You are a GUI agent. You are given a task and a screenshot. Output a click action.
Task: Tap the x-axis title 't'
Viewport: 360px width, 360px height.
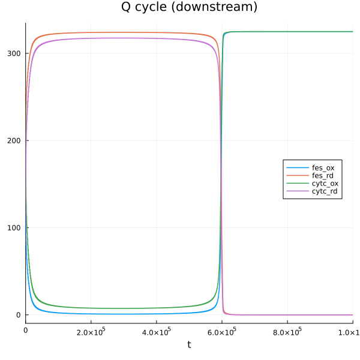point(189,344)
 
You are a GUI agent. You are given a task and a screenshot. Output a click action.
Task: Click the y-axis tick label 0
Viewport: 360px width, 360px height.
point(19,315)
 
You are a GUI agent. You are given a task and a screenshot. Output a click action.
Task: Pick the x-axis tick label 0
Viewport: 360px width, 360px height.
point(25,330)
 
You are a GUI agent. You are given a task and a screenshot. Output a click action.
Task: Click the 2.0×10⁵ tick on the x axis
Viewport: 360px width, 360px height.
point(91,330)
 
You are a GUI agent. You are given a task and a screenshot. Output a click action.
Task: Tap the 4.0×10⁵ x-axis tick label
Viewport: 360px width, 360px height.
point(156,330)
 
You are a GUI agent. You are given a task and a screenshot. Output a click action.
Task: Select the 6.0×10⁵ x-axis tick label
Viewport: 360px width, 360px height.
point(221,330)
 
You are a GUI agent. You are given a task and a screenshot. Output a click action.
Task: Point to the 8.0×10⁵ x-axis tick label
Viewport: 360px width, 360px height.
point(287,330)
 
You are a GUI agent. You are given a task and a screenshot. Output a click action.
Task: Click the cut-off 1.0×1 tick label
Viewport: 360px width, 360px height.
point(348,330)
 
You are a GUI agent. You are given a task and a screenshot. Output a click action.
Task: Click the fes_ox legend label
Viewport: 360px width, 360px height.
point(323,167)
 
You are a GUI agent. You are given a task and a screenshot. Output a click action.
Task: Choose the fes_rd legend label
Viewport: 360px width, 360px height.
point(323,175)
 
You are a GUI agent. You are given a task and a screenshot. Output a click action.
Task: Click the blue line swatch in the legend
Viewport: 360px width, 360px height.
point(297,167)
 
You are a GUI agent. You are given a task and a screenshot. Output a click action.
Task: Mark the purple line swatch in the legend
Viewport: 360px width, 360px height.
point(297,191)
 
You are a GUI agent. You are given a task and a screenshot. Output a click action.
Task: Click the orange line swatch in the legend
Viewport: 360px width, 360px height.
point(297,175)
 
